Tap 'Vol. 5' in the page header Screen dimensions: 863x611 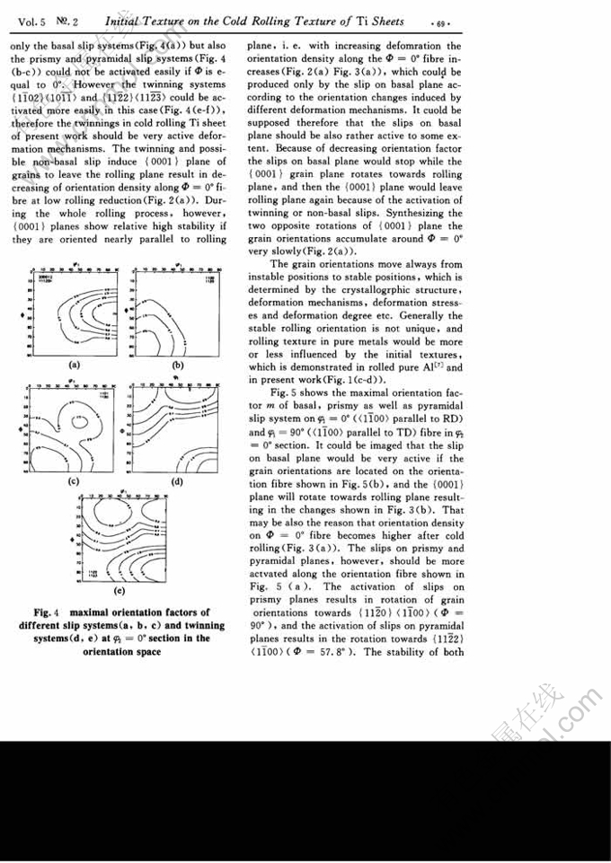click(27, 16)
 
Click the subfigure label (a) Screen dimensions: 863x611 click(74, 365)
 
